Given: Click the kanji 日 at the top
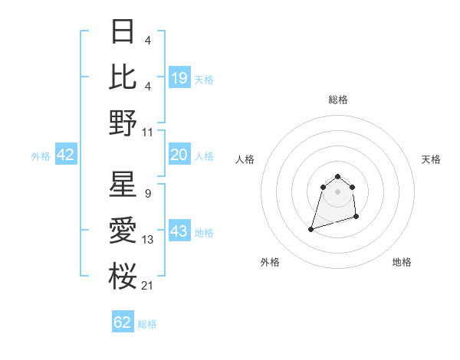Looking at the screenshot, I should coord(123,31).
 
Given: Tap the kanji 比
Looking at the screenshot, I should coord(123,77).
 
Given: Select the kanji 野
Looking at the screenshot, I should coord(123,122).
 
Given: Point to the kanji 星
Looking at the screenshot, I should coord(123,185).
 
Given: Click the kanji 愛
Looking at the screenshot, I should coord(123,230).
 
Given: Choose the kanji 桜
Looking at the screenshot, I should coord(123,275).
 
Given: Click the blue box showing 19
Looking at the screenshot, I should coord(179,77).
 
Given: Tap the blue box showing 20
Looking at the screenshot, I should coord(179,155).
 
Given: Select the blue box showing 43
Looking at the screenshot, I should coord(179,232).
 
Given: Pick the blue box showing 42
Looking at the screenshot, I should coord(66,155).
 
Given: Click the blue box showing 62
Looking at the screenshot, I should coord(123,322).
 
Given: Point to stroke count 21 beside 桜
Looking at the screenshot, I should coord(147,286).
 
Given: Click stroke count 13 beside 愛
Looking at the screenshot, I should coord(147,240).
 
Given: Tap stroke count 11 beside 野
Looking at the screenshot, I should coord(147,133).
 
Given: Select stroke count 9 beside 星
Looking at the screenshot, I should coord(147,194).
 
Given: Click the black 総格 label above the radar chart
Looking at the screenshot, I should coord(337,100).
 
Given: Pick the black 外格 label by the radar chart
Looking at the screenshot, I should coord(270,262).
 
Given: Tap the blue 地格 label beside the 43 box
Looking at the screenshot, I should coord(204,233).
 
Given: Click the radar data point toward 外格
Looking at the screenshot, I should coord(311,228).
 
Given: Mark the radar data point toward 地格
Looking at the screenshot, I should coord(358,218).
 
